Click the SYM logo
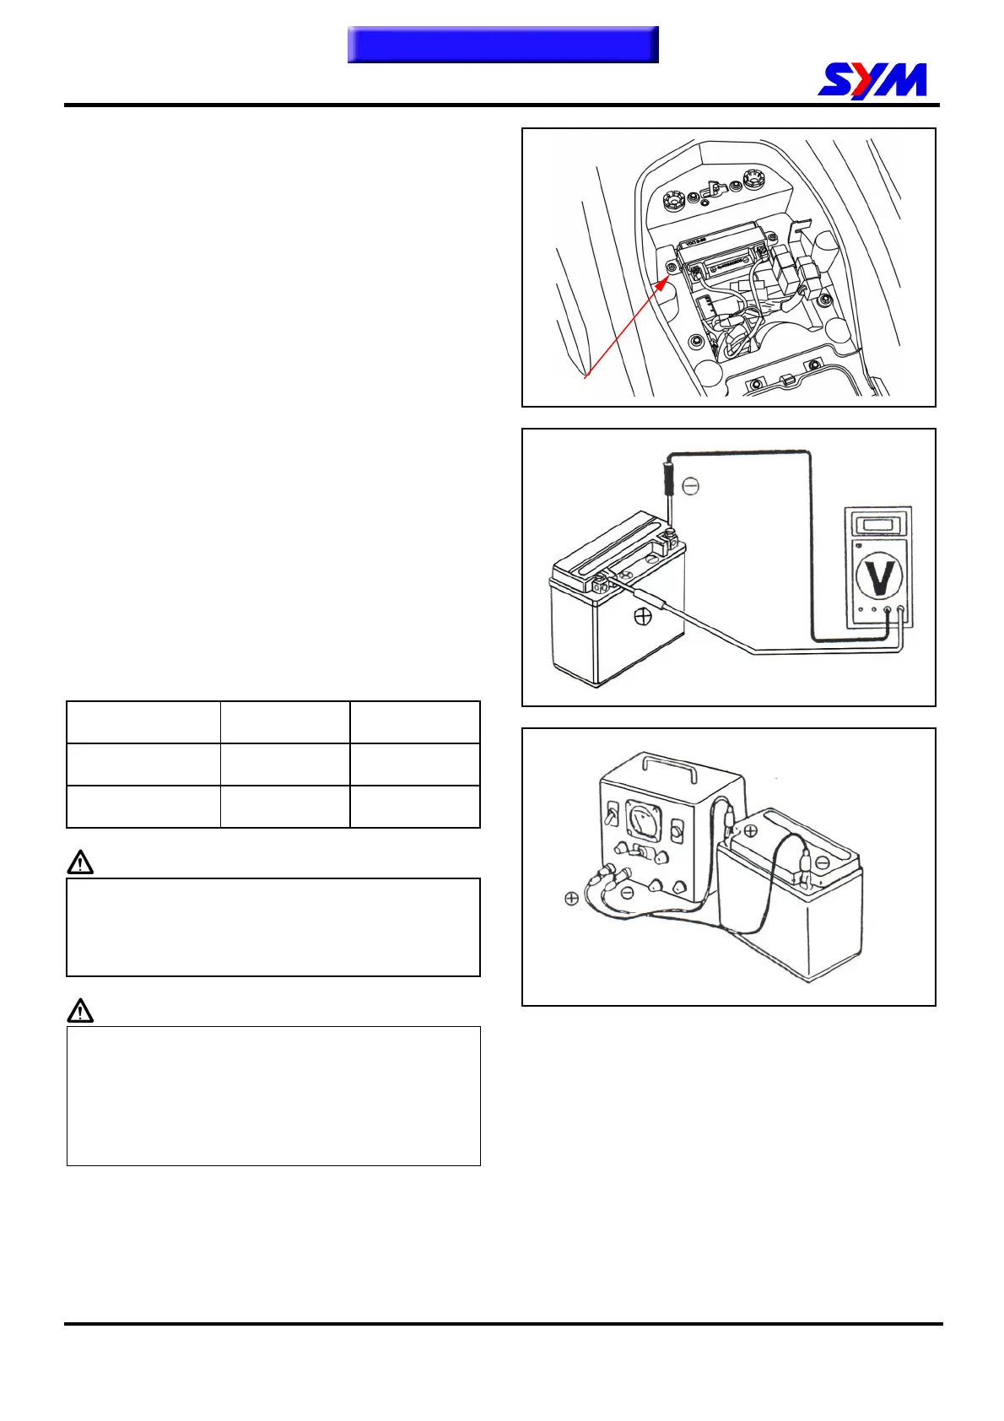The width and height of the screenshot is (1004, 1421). click(x=872, y=80)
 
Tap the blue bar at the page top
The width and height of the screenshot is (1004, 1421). click(x=503, y=45)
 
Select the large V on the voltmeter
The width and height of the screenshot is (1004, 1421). click(x=879, y=575)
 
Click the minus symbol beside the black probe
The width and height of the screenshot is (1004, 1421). click(x=690, y=486)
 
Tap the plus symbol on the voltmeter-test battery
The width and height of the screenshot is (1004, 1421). click(x=643, y=617)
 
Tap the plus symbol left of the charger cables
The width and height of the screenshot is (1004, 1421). click(x=571, y=899)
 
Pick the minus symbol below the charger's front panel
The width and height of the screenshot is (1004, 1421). click(x=625, y=893)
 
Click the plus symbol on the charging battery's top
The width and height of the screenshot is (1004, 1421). click(x=750, y=831)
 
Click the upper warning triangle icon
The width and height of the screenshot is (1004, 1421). click(x=80, y=862)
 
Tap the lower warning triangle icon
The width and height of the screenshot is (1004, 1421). click(x=80, y=1010)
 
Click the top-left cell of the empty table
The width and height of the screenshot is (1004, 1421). click(x=143, y=722)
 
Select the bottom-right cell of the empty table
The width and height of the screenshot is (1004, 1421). click(x=414, y=807)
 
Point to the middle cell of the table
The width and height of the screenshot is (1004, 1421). click(x=285, y=765)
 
